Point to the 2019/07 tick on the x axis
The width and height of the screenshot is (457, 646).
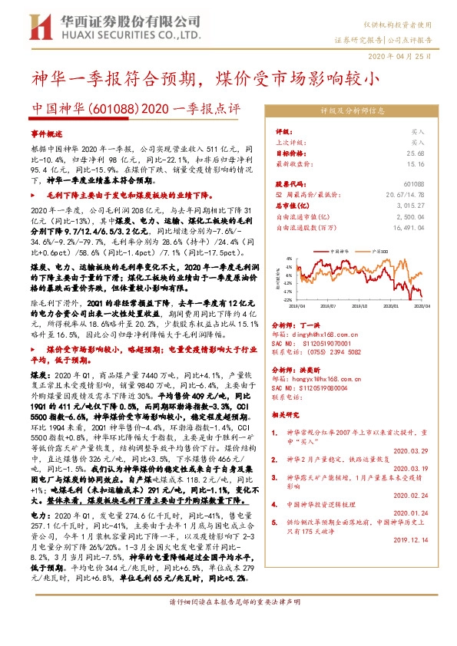tap(336, 305)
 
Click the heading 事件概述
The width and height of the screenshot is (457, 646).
tap(48, 133)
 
